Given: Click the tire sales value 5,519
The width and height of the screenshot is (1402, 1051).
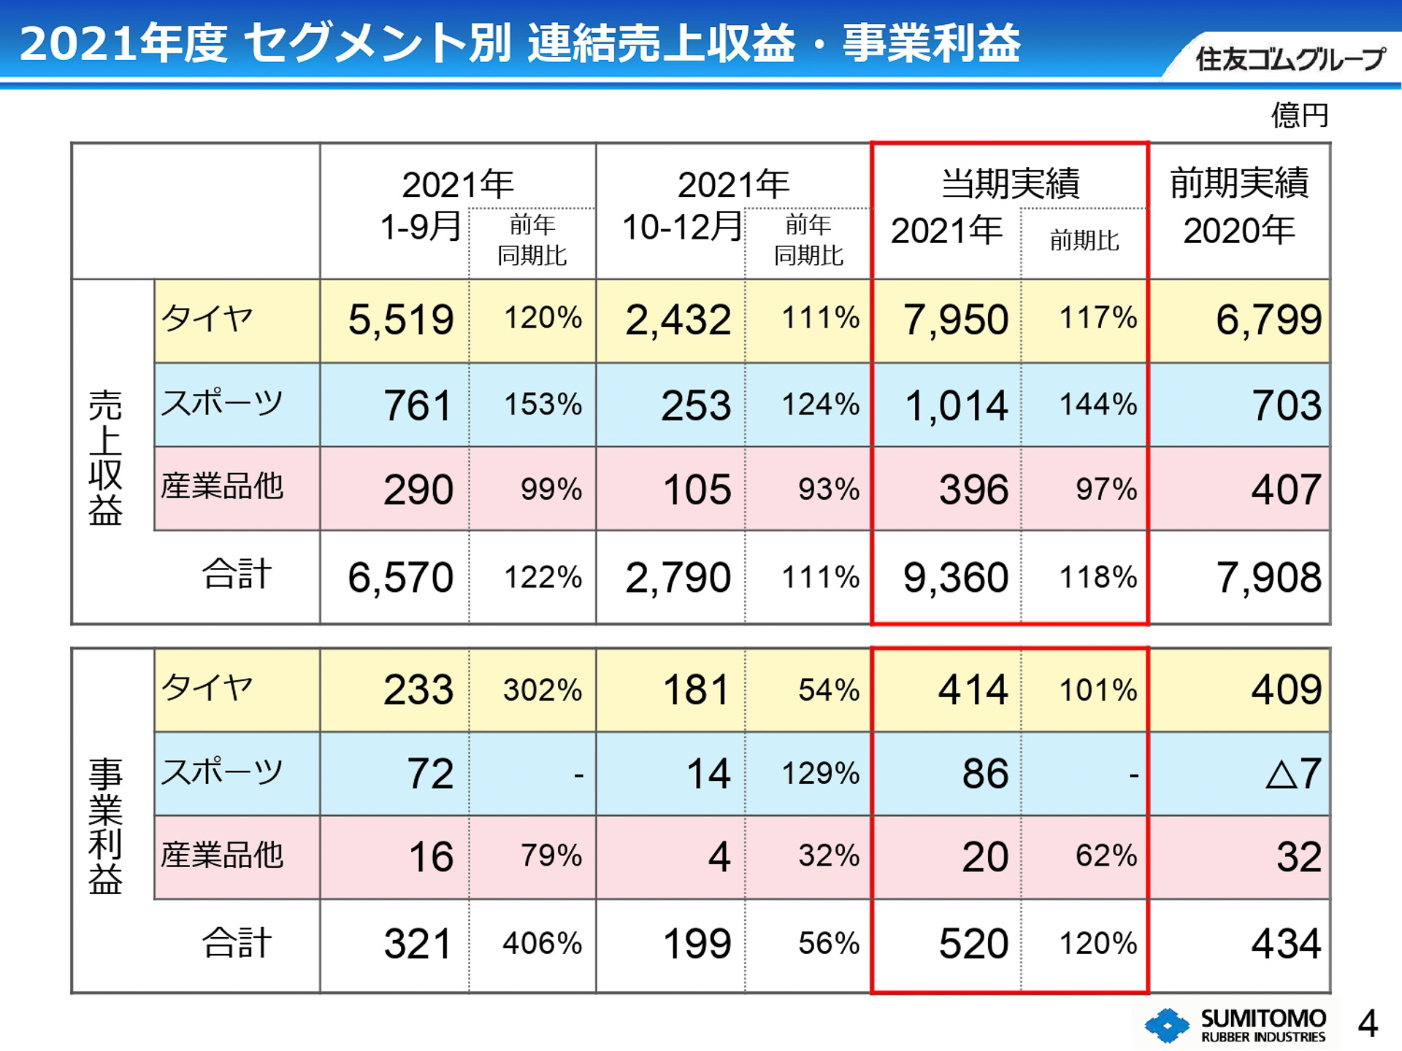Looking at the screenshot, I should coord(400,320).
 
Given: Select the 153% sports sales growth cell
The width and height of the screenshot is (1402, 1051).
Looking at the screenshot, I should coord(543,405).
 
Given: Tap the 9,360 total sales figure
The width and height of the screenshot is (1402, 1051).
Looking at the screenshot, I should coord(955,578).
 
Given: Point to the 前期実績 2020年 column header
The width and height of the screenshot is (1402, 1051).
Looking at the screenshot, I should coord(1239,207).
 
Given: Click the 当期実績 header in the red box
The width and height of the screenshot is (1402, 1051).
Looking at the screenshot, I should coord(1010,183).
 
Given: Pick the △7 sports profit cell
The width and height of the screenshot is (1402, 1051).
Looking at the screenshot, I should coord(1292,774).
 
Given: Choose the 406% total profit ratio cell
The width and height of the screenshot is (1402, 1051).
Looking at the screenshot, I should coord(542,944).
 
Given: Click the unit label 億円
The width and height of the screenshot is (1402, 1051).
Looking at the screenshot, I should coord(1299,115).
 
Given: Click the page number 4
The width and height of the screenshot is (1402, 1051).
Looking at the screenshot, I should coord(1368,1024).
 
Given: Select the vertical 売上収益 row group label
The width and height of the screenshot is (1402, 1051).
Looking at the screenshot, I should coord(105,458).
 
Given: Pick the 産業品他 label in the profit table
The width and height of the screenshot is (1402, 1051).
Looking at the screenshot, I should coord(222,855).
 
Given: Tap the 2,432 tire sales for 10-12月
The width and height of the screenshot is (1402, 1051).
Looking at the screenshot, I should coord(678,320).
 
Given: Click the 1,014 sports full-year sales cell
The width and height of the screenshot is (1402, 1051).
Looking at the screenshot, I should coord(956,406).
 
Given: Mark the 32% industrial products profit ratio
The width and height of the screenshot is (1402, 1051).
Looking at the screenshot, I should coord(828,856).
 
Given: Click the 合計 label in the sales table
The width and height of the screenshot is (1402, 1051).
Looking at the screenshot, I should coord(237,574).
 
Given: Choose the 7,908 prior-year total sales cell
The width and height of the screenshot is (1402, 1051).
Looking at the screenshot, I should coord(1268,578).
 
